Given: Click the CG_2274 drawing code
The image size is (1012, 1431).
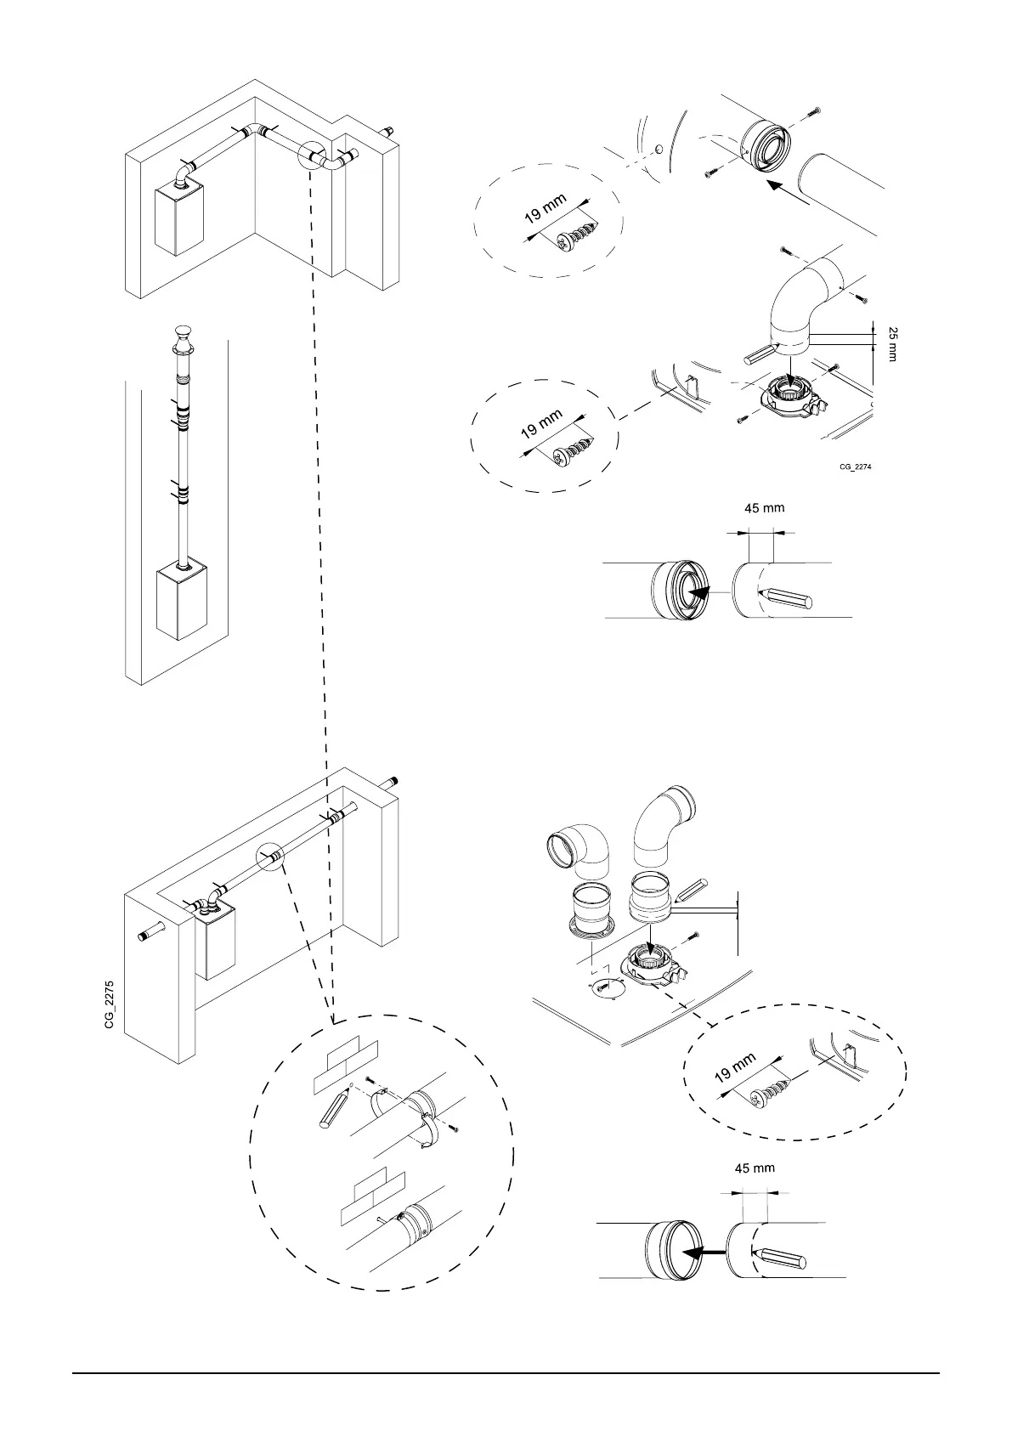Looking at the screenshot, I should click(x=856, y=467).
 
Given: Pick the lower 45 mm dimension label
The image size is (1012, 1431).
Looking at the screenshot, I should click(x=755, y=1168).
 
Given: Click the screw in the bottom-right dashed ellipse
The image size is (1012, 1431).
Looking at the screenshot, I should click(x=768, y=1093).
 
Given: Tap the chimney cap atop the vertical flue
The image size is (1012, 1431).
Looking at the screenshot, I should click(x=184, y=336).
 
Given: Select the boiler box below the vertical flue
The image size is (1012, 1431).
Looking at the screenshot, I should click(x=181, y=604).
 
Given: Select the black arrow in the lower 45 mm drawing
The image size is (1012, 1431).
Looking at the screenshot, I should click(x=705, y=1252).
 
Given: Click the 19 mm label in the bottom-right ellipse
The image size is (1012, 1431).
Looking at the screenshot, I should click(x=735, y=1067).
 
